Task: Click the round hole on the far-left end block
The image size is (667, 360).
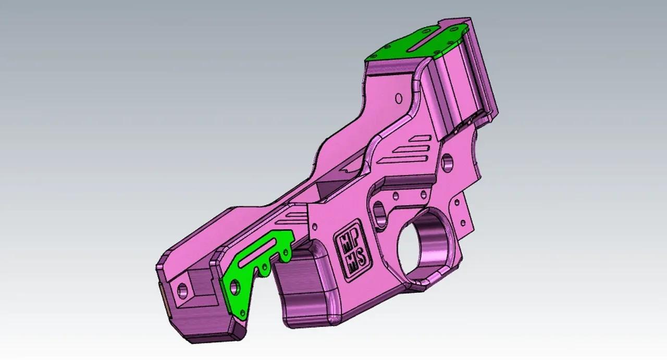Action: click(182, 289)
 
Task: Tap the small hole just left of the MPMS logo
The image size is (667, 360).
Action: click(315, 227)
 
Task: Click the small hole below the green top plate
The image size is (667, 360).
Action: click(399, 97)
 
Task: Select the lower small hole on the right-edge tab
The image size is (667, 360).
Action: click(462, 222)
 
